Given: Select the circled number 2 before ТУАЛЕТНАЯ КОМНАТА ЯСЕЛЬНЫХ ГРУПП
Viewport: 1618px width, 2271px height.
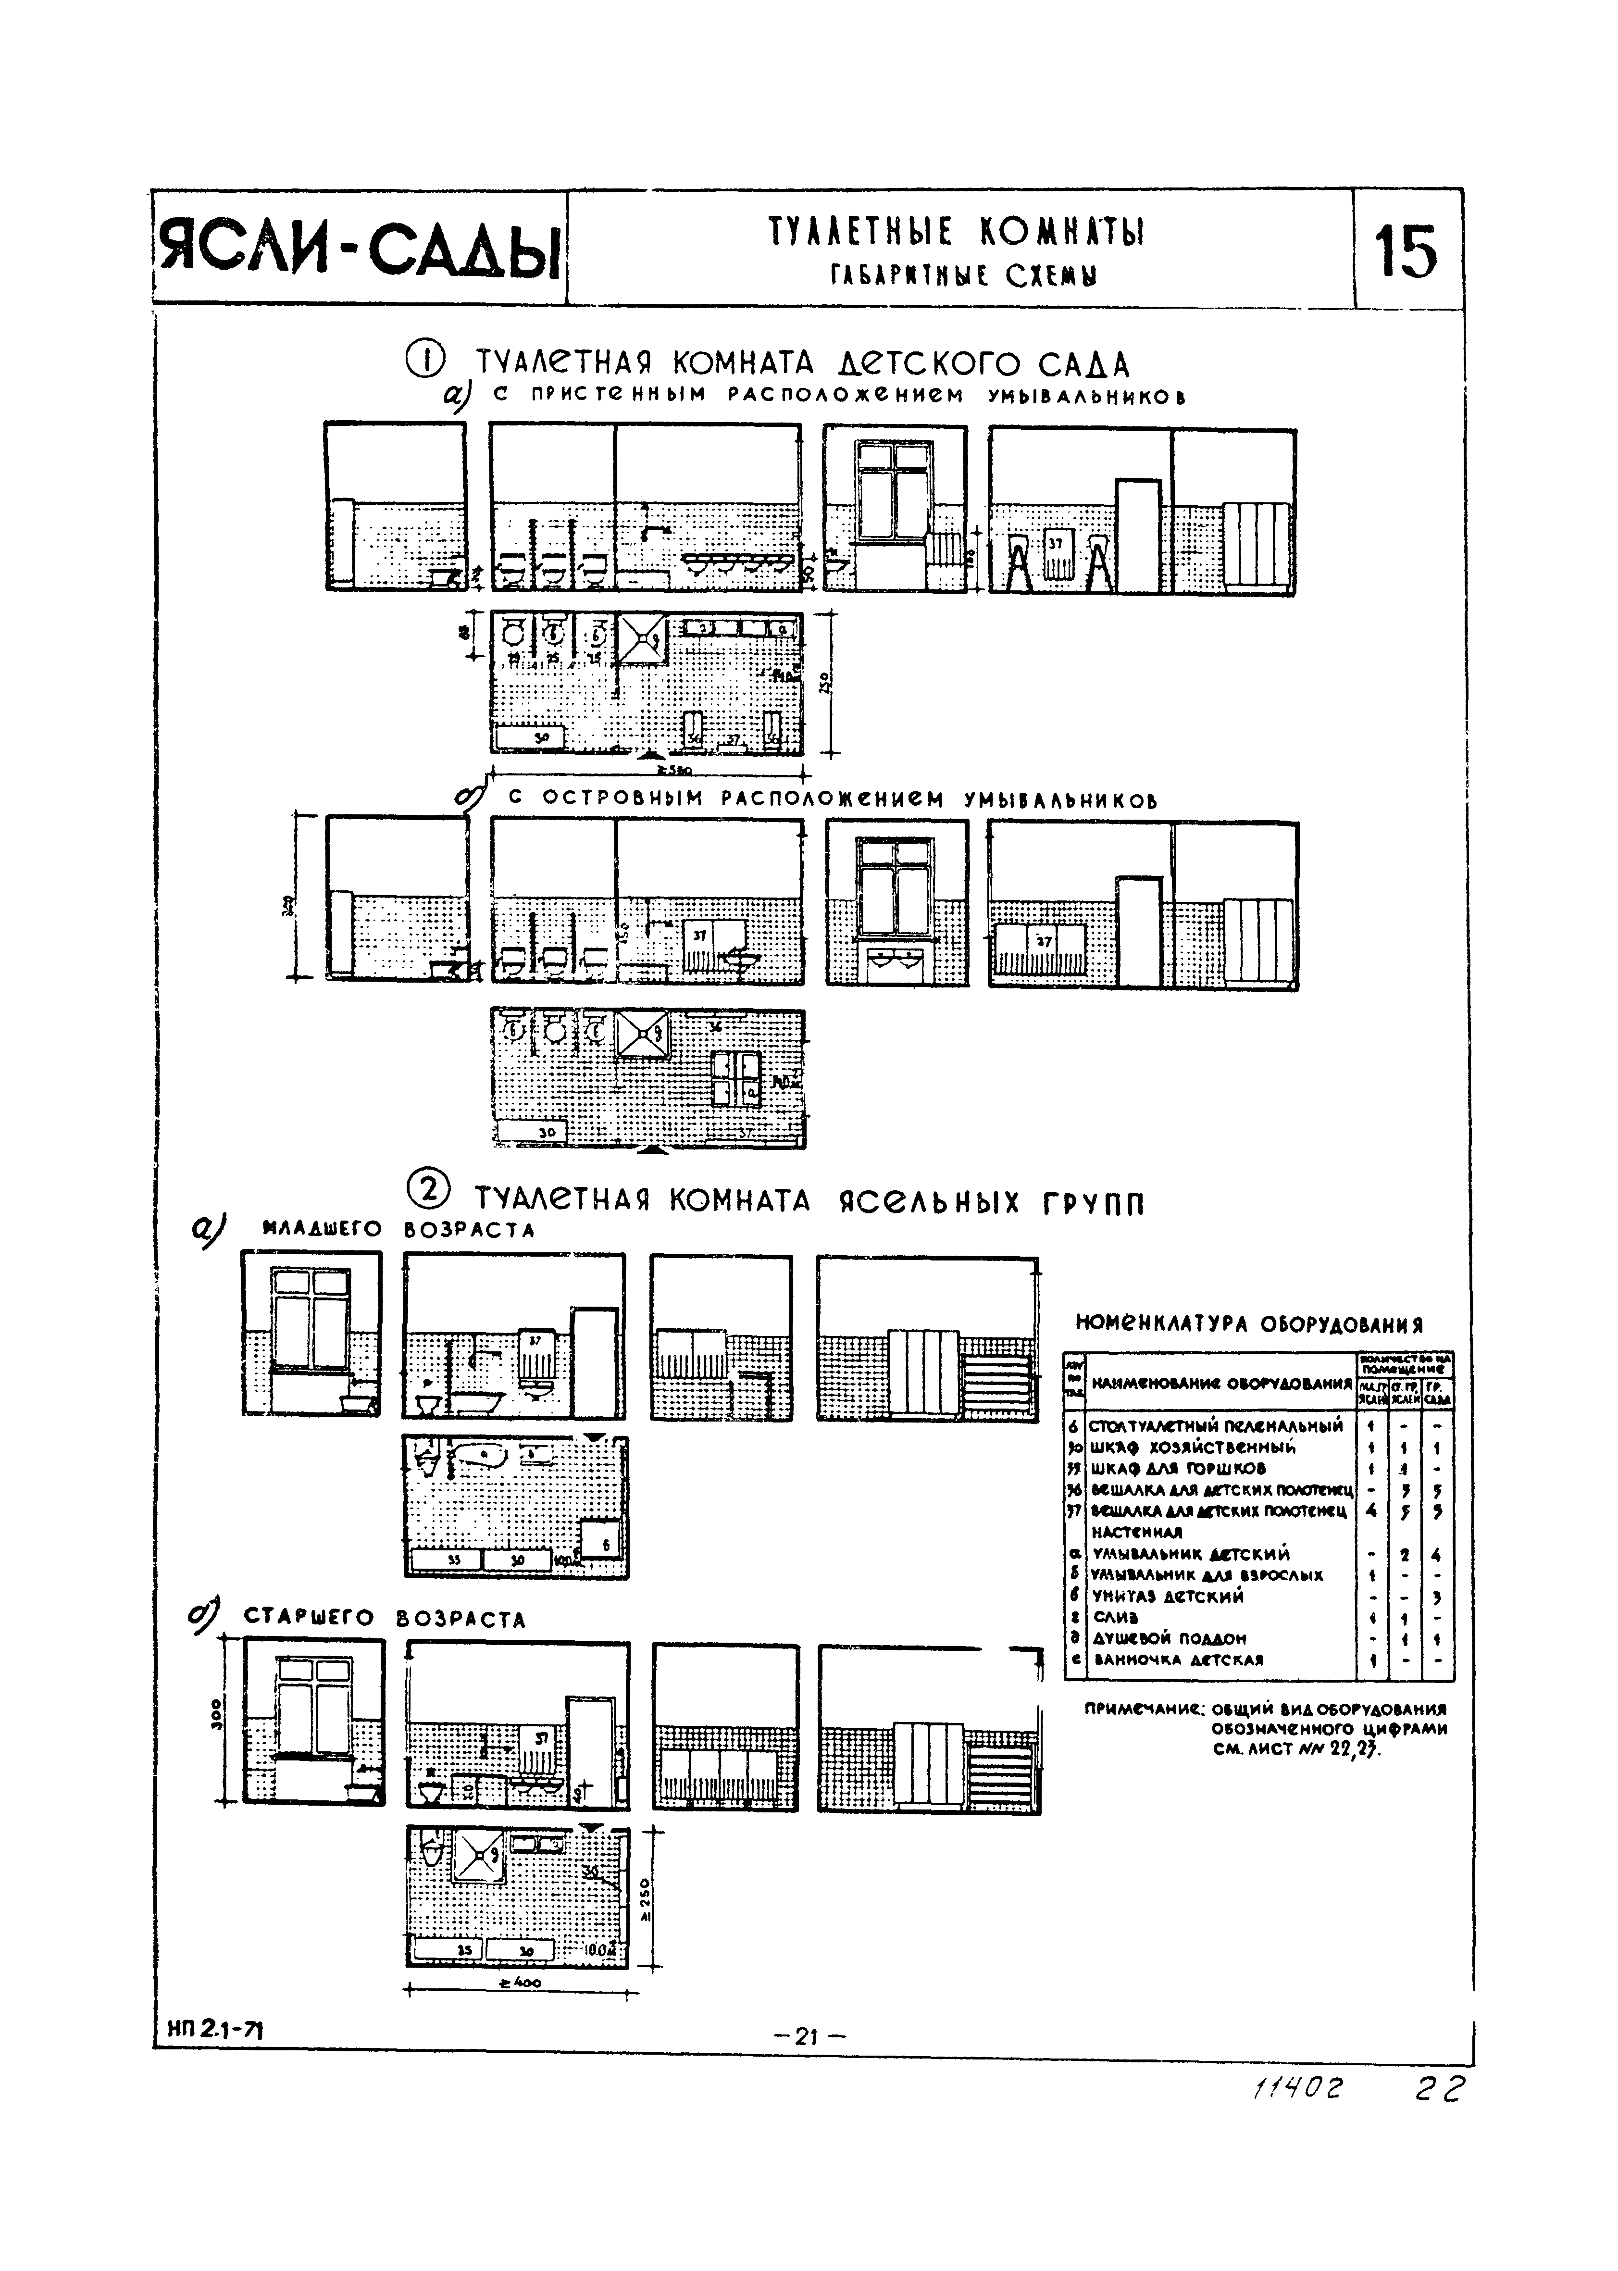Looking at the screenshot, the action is point(429,1193).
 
